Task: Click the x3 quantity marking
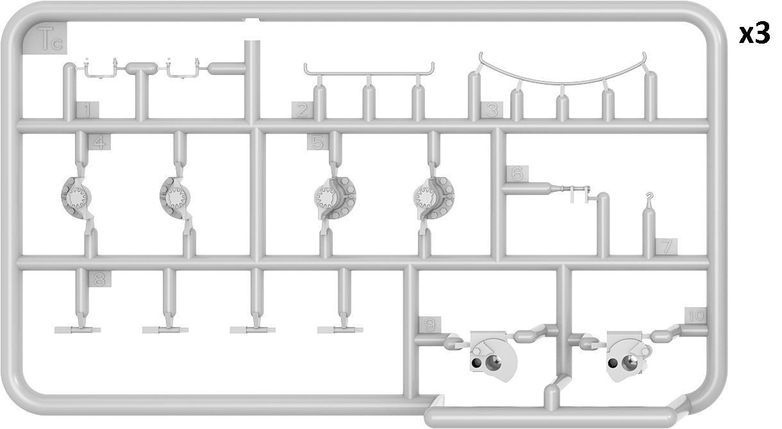[x=754, y=34]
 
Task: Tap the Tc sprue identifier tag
[x=45, y=38]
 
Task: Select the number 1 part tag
[x=87, y=110]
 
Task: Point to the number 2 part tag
[x=303, y=110]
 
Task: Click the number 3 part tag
[x=492, y=110]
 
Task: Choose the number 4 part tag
[x=99, y=142]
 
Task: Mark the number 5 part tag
[x=318, y=142]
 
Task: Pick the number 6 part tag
[x=517, y=174]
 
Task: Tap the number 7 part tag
[x=667, y=247]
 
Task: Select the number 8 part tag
[x=99, y=279]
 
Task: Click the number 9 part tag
[x=429, y=325]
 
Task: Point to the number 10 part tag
[x=695, y=315]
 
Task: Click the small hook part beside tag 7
[x=650, y=198]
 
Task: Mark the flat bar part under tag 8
[x=78, y=330]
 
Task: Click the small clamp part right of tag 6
[x=576, y=193]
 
